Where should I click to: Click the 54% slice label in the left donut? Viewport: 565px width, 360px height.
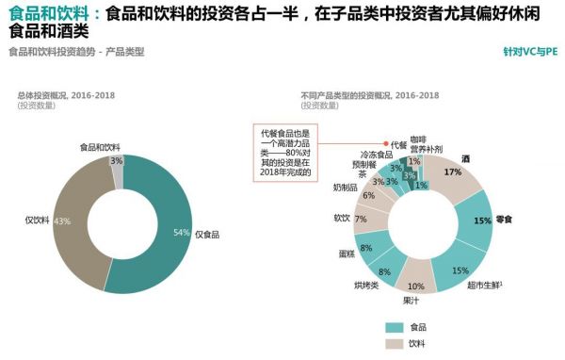(181, 231)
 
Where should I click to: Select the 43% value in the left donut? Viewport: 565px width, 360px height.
(62, 221)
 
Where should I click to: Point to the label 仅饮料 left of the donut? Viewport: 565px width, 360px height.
(37, 220)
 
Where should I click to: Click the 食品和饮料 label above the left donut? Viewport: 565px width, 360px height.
(100, 147)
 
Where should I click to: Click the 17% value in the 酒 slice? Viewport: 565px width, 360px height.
(452, 172)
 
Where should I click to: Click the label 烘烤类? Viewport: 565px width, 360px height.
(365, 284)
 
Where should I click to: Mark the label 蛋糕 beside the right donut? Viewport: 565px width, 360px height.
(347, 254)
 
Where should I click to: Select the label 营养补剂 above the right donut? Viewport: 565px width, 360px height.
(426, 149)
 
